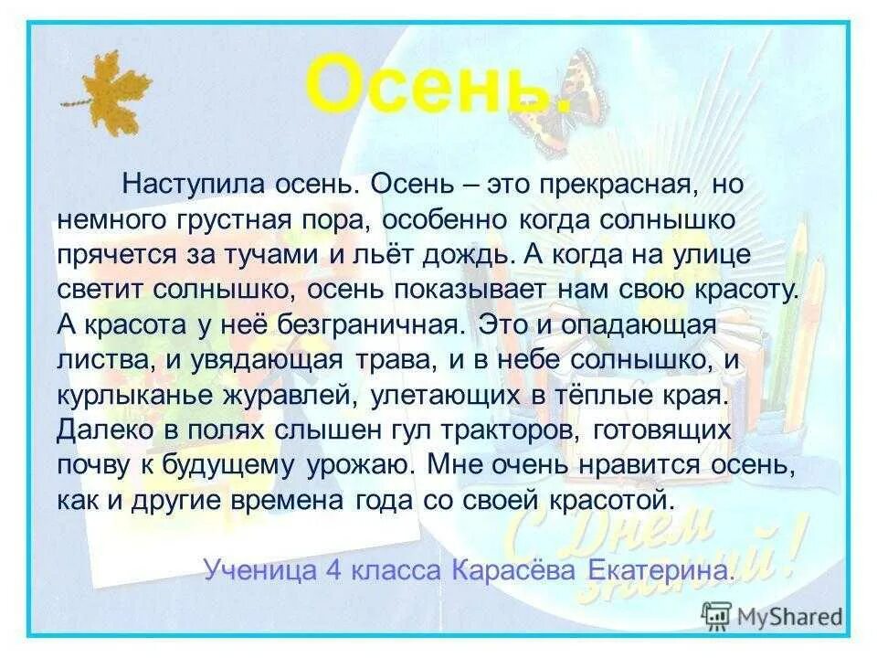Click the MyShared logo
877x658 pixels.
772,615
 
